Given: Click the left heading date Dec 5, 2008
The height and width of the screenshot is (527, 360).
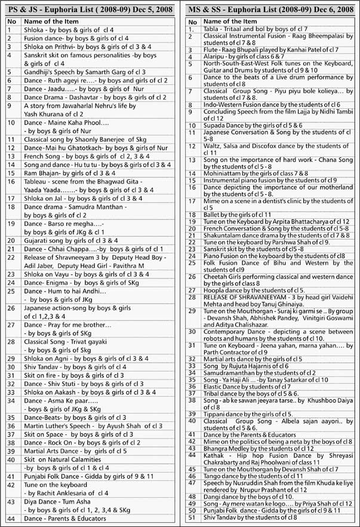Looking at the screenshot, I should coord(142,9).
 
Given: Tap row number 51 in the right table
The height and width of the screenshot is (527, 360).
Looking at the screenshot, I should coord(192,517).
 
